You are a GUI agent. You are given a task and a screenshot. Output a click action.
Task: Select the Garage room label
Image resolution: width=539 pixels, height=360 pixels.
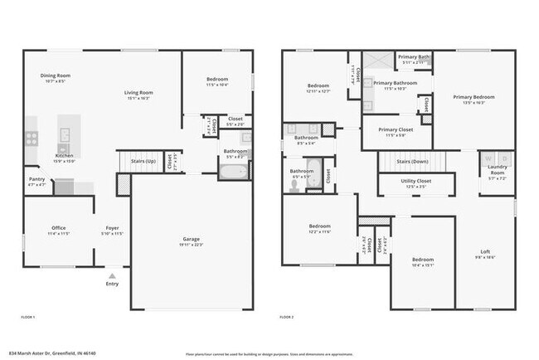[191, 240]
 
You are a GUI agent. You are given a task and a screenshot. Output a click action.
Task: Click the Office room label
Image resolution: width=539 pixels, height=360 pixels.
[59, 227]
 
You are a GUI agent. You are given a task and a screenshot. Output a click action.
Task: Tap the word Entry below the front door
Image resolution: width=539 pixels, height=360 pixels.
[112, 285]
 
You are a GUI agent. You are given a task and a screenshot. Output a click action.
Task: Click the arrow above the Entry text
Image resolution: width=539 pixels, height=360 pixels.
[112, 275]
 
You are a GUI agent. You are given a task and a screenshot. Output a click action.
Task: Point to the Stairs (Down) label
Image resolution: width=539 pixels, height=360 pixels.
[411, 162]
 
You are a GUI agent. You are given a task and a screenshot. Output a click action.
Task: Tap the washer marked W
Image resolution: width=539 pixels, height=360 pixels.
[488, 158]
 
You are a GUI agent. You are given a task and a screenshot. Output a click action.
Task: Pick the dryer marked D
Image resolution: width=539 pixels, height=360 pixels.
[502, 158]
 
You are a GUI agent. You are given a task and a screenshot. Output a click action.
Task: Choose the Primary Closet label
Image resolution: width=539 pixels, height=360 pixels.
[395, 129]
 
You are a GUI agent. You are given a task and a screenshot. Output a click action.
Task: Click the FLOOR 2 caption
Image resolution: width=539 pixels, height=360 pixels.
[288, 317]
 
